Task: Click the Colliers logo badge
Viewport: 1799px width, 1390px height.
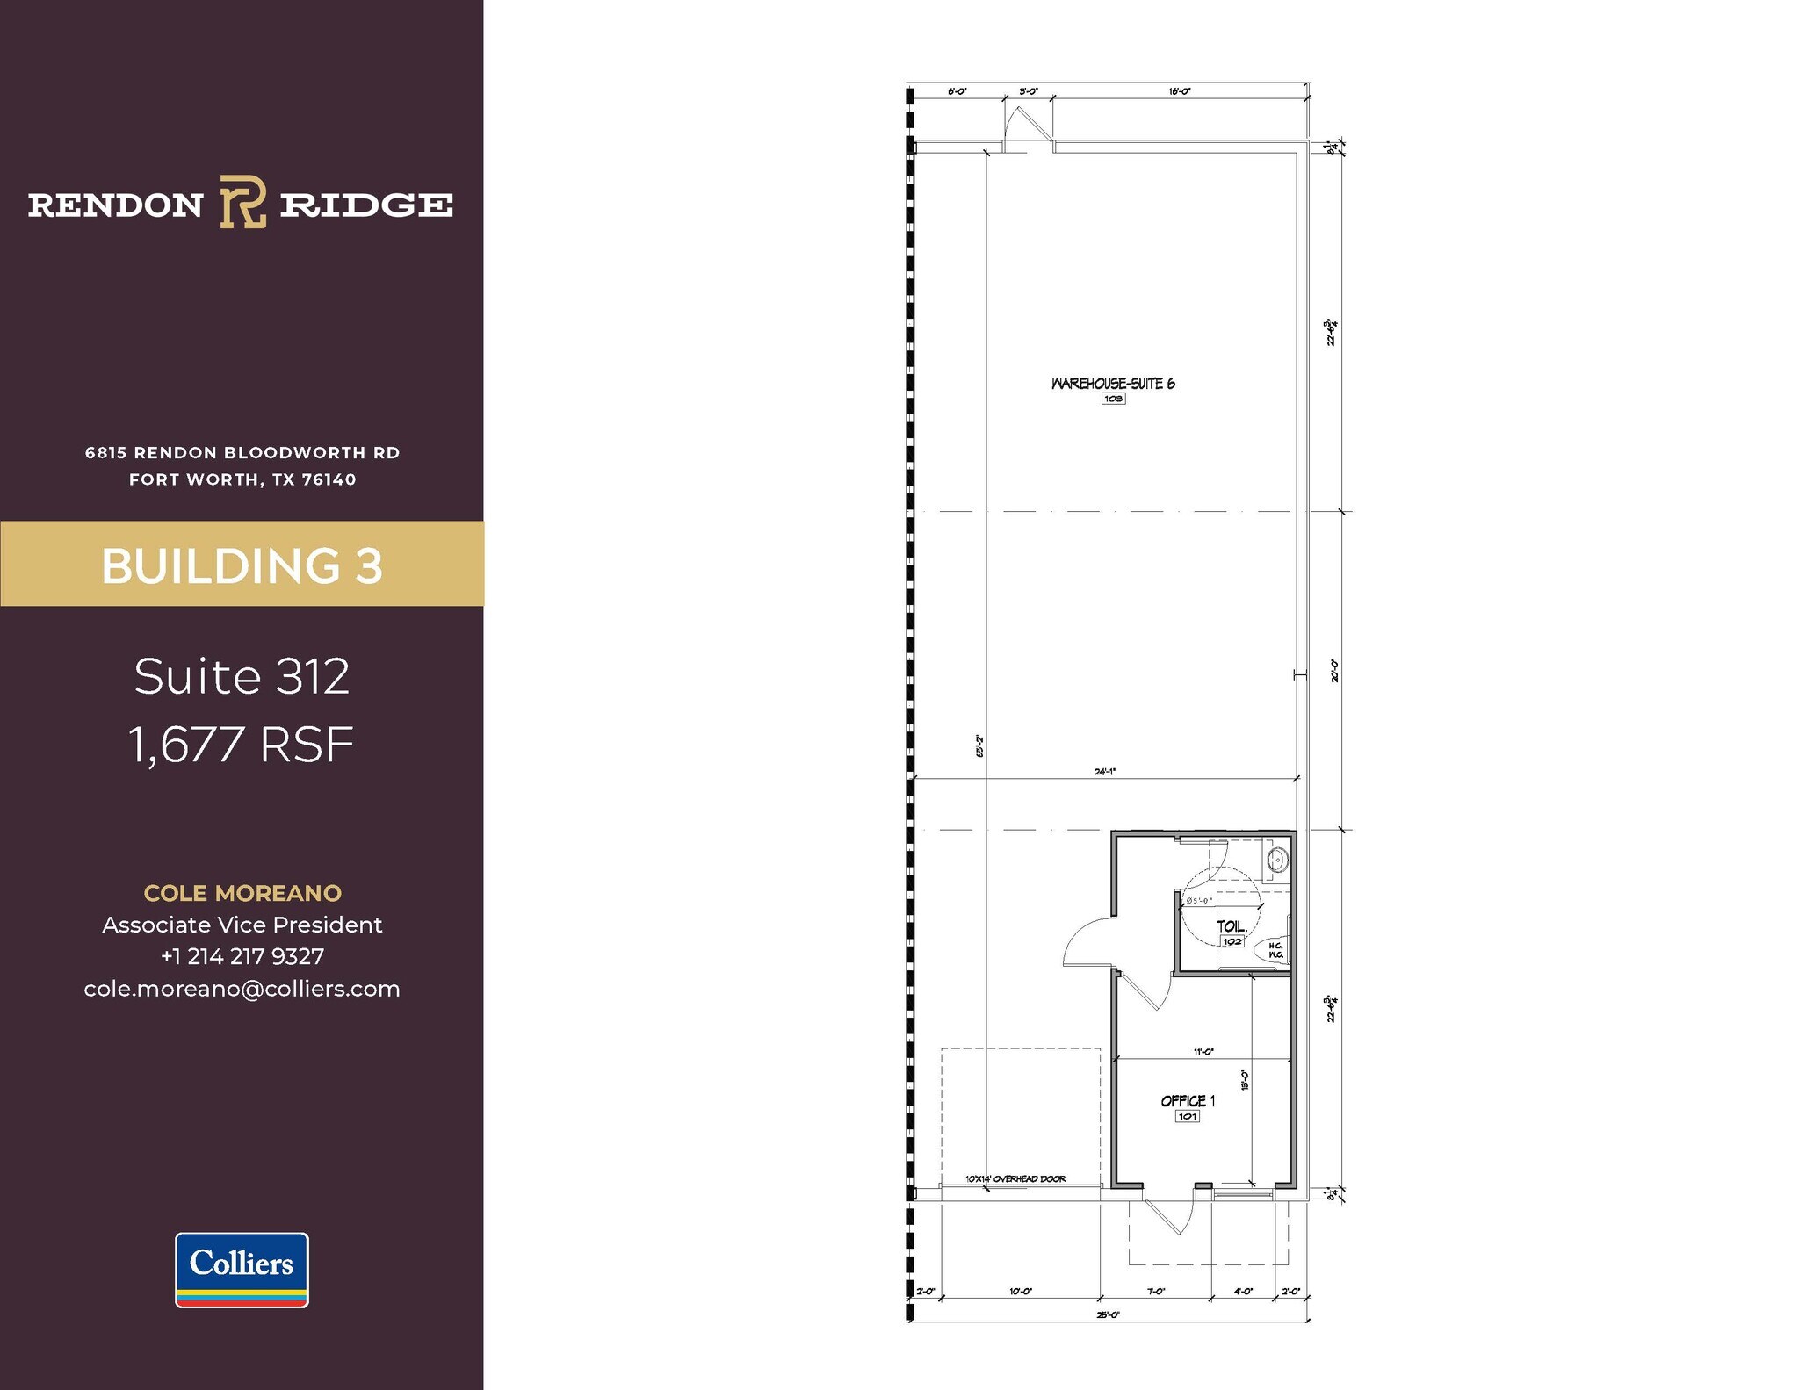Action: coord(242,1269)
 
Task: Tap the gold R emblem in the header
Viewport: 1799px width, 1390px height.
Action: coord(242,202)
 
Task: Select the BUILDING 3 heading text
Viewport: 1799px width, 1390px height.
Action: coord(242,565)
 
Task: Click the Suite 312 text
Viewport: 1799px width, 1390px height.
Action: coord(242,676)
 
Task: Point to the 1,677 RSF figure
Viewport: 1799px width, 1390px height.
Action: coord(242,745)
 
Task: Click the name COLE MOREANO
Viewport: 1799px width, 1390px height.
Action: coord(242,893)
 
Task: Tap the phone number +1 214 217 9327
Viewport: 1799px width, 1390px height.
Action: coord(242,956)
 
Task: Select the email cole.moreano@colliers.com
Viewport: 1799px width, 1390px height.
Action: coord(242,989)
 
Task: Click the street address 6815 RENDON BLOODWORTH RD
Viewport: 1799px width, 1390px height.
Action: coord(242,453)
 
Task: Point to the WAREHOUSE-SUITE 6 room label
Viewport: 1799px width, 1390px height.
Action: coord(1113,384)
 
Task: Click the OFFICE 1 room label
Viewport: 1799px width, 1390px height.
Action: coord(1188,1101)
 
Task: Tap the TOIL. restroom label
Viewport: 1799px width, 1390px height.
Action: coord(1232,926)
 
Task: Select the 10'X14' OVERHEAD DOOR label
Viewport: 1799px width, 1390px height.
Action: coord(1015,1179)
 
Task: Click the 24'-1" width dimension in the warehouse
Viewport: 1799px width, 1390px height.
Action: coord(1104,772)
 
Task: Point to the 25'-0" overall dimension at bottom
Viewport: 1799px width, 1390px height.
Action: coord(1108,1314)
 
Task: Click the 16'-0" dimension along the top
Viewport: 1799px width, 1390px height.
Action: coord(1180,91)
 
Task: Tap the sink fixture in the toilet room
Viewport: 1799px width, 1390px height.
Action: coord(1278,860)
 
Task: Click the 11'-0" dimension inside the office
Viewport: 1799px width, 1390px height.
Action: coord(1203,1052)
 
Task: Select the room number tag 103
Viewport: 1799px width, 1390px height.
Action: coord(1113,399)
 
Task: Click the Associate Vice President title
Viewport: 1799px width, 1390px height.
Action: coord(242,925)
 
